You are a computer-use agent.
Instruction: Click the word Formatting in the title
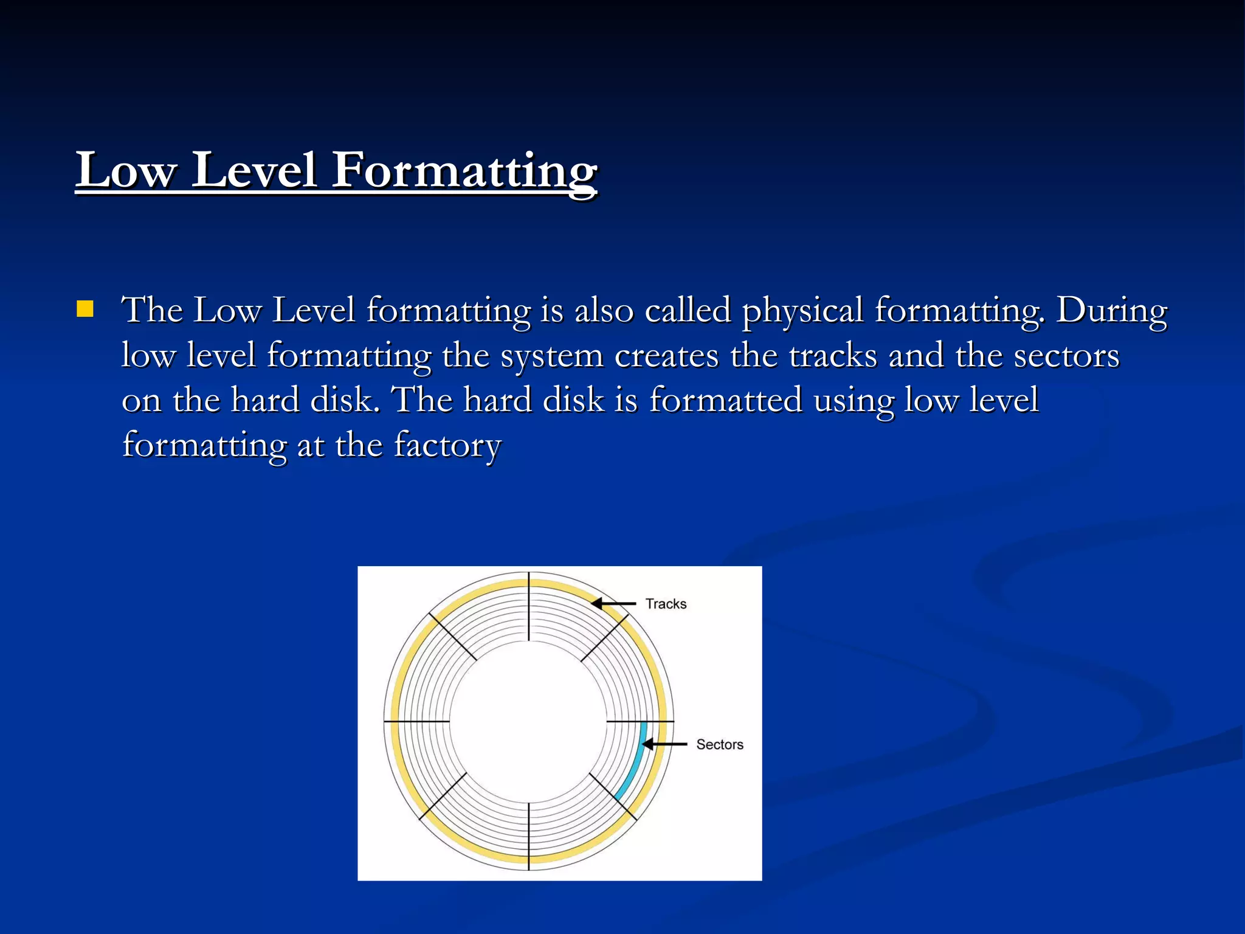point(465,171)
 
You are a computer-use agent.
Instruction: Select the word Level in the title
point(255,171)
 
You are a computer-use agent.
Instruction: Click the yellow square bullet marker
point(85,310)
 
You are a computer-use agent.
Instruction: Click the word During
point(1112,311)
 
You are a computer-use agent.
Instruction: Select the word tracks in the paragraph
point(833,356)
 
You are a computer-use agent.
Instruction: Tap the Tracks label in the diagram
point(666,604)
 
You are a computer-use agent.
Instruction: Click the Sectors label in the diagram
point(720,744)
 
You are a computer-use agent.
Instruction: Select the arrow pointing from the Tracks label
point(614,604)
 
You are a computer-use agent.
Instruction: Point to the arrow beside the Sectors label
point(664,744)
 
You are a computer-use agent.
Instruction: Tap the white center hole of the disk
point(528,721)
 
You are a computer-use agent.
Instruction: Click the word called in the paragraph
point(688,311)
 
